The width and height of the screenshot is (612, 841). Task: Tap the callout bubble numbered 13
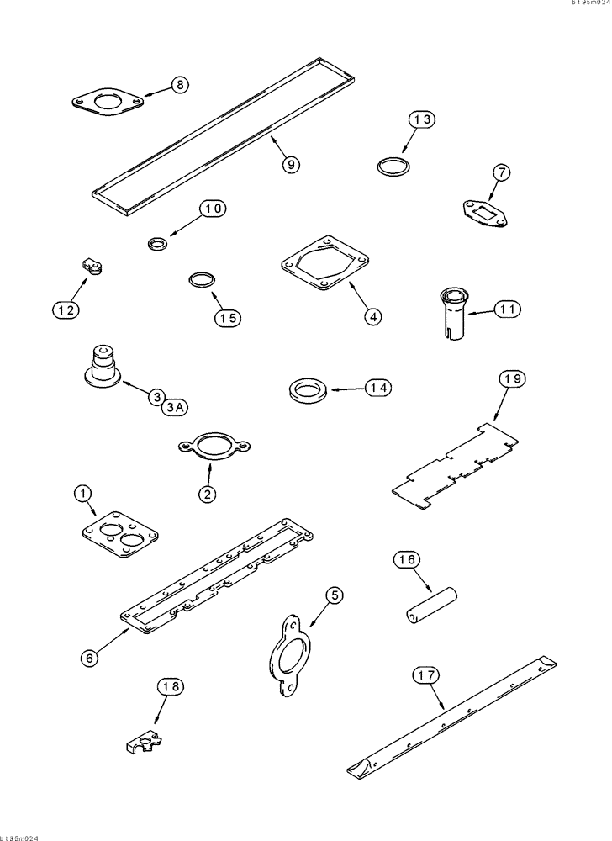(x=423, y=120)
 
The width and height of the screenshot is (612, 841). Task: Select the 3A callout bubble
(x=175, y=408)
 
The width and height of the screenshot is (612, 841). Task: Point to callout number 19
(x=512, y=379)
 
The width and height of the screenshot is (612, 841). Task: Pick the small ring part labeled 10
(x=156, y=244)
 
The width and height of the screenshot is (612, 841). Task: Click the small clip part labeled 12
(x=92, y=268)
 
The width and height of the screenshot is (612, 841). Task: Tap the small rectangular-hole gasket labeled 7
(x=483, y=210)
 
